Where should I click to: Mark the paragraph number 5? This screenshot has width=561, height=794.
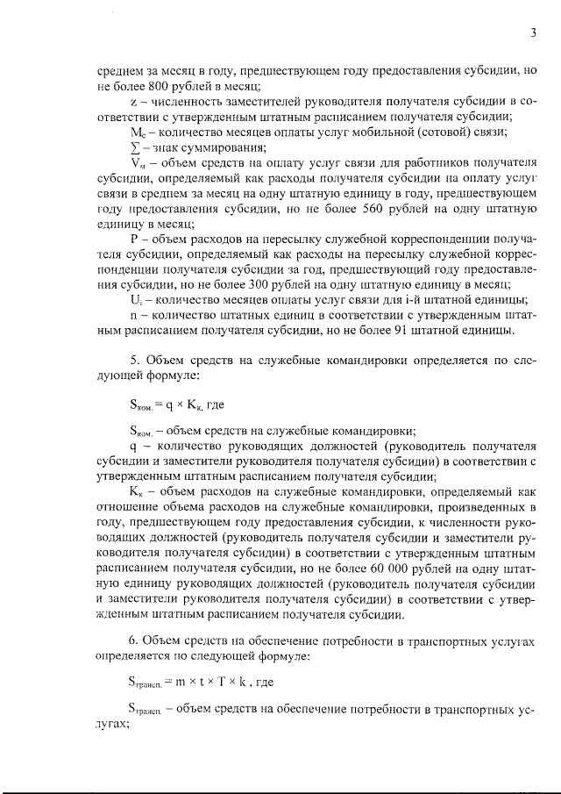(x=134, y=358)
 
